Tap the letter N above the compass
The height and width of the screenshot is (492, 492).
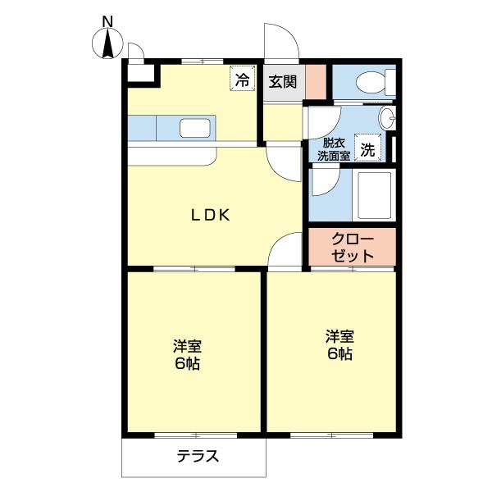(107, 20)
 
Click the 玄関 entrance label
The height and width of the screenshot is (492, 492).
(283, 81)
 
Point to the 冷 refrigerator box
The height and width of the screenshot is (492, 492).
(242, 80)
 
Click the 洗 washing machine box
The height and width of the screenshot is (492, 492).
(370, 149)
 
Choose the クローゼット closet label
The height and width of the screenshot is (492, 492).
(352, 248)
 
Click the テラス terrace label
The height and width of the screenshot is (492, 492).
(198, 457)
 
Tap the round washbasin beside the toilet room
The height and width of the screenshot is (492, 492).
(389, 116)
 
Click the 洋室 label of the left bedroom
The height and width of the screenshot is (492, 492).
(187, 345)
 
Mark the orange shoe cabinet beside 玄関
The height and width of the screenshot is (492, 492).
(317, 80)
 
